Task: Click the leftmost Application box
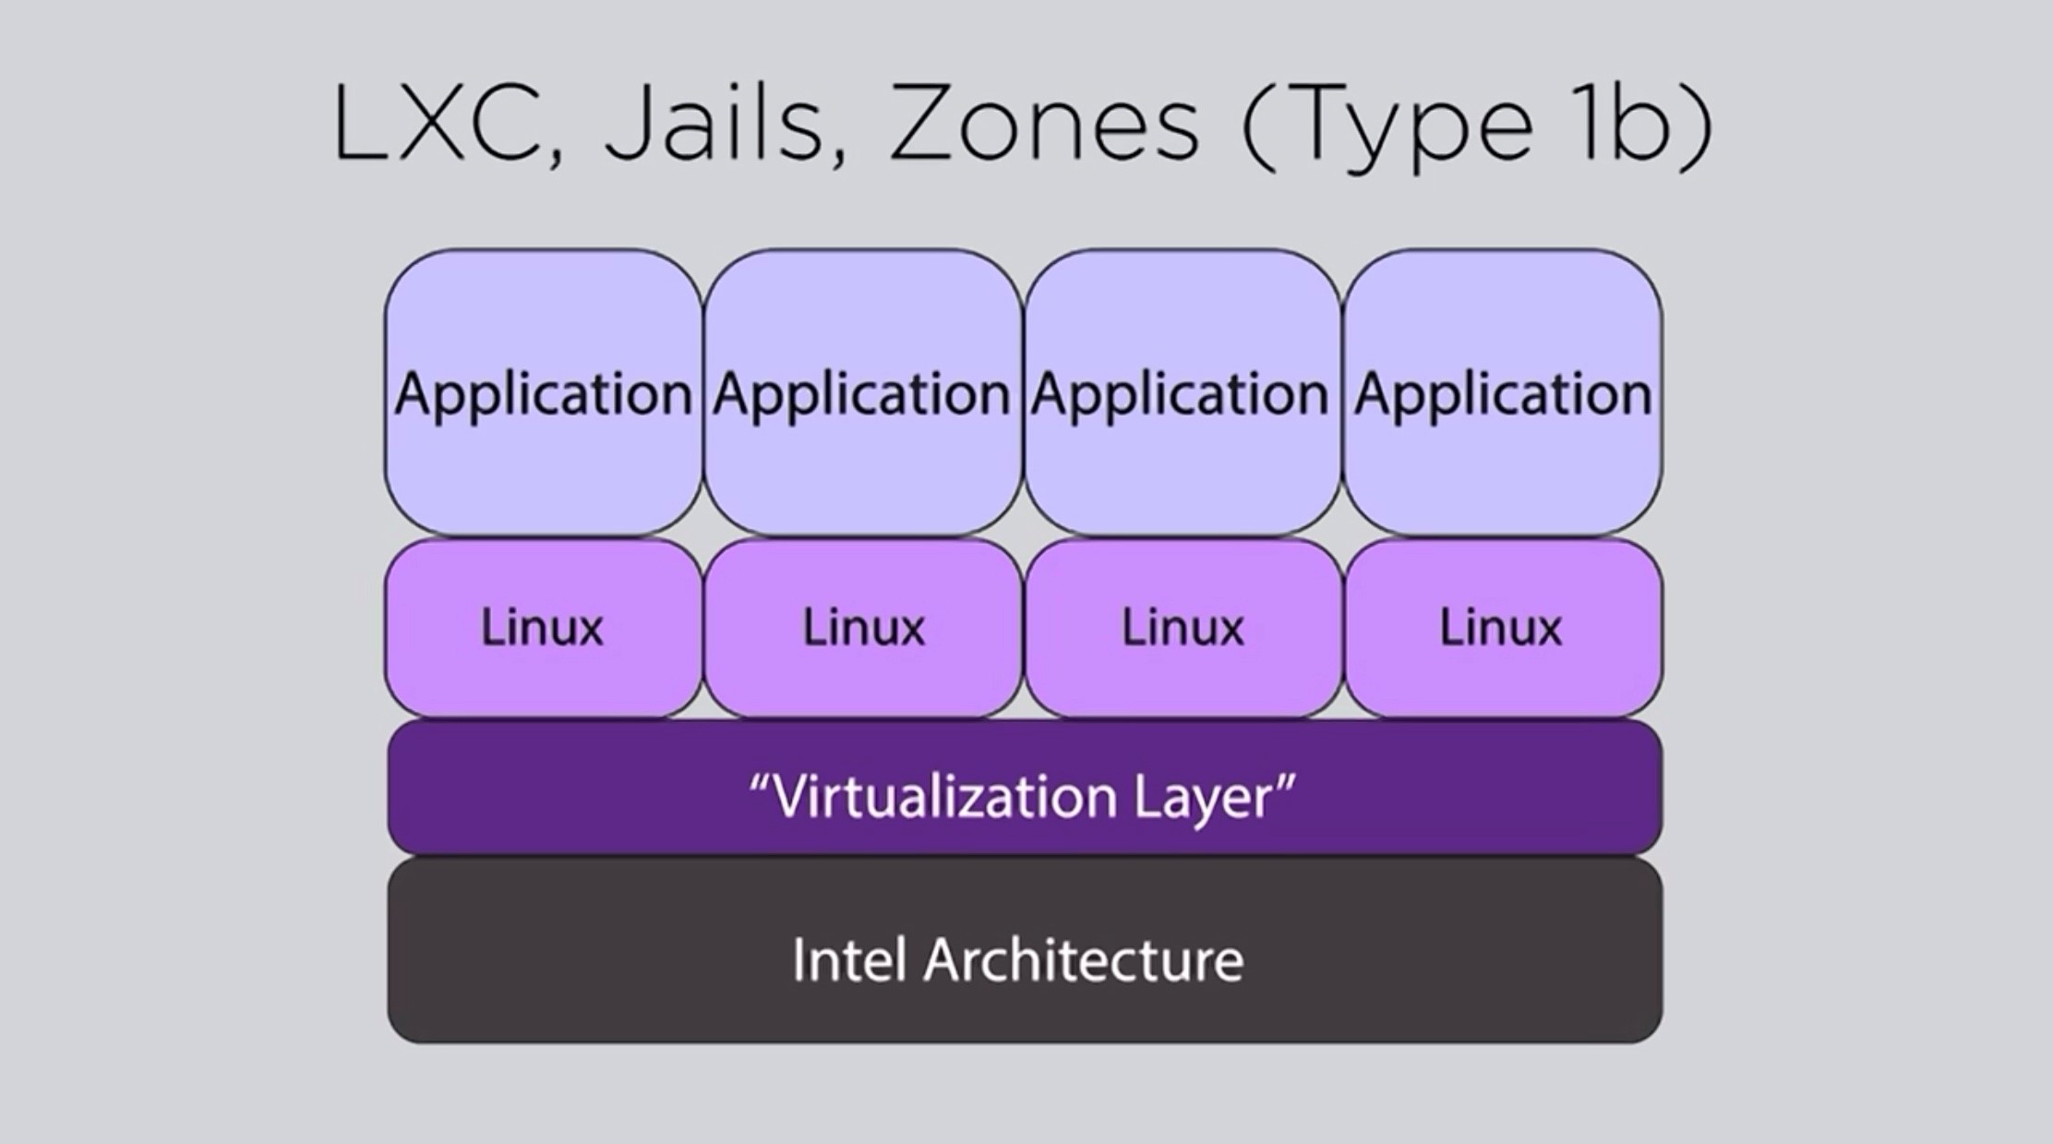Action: pos(543,393)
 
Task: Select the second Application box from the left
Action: pos(861,393)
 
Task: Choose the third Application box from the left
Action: pos(1181,393)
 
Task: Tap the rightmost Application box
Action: pos(1502,393)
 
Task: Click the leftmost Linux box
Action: pos(543,628)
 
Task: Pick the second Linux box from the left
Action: pos(863,628)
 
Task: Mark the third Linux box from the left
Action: pos(1183,628)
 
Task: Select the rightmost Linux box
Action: pos(1501,628)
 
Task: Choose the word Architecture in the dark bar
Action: pos(1083,959)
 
